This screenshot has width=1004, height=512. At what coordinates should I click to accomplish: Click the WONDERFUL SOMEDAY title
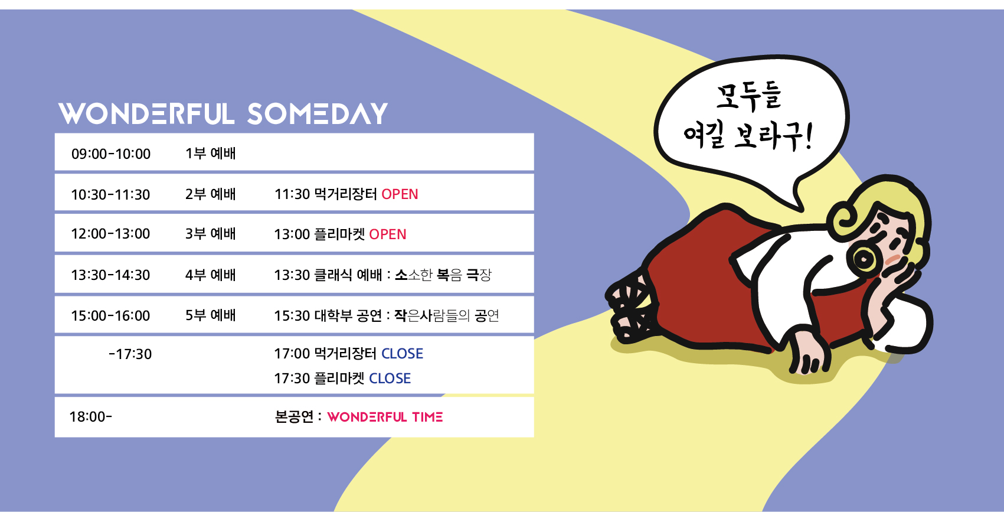click(223, 113)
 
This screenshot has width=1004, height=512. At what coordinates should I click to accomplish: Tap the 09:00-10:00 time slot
click(111, 154)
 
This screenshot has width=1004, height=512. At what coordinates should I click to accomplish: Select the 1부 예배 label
click(210, 154)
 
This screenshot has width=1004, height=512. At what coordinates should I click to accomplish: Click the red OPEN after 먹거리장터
click(400, 194)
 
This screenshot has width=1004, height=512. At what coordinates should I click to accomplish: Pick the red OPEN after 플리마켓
click(387, 234)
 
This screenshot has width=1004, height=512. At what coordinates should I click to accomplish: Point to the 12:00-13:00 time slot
click(110, 234)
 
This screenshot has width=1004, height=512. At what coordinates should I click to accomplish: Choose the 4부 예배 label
click(210, 275)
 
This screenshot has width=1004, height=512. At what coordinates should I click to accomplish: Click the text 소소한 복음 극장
click(443, 275)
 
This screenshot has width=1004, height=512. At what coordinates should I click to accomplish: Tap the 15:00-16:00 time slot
click(110, 315)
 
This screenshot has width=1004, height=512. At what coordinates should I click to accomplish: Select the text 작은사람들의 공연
click(446, 315)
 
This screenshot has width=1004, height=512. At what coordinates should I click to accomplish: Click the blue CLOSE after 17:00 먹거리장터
click(402, 354)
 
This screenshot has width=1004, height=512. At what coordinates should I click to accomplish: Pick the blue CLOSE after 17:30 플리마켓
click(390, 379)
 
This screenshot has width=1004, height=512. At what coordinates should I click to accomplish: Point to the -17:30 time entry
click(130, 354)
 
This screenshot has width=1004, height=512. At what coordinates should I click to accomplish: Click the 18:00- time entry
click(90, 417)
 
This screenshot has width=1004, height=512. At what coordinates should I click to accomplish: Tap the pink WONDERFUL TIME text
click(385, 418)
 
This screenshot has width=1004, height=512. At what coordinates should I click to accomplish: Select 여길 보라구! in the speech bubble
click(748, 136)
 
